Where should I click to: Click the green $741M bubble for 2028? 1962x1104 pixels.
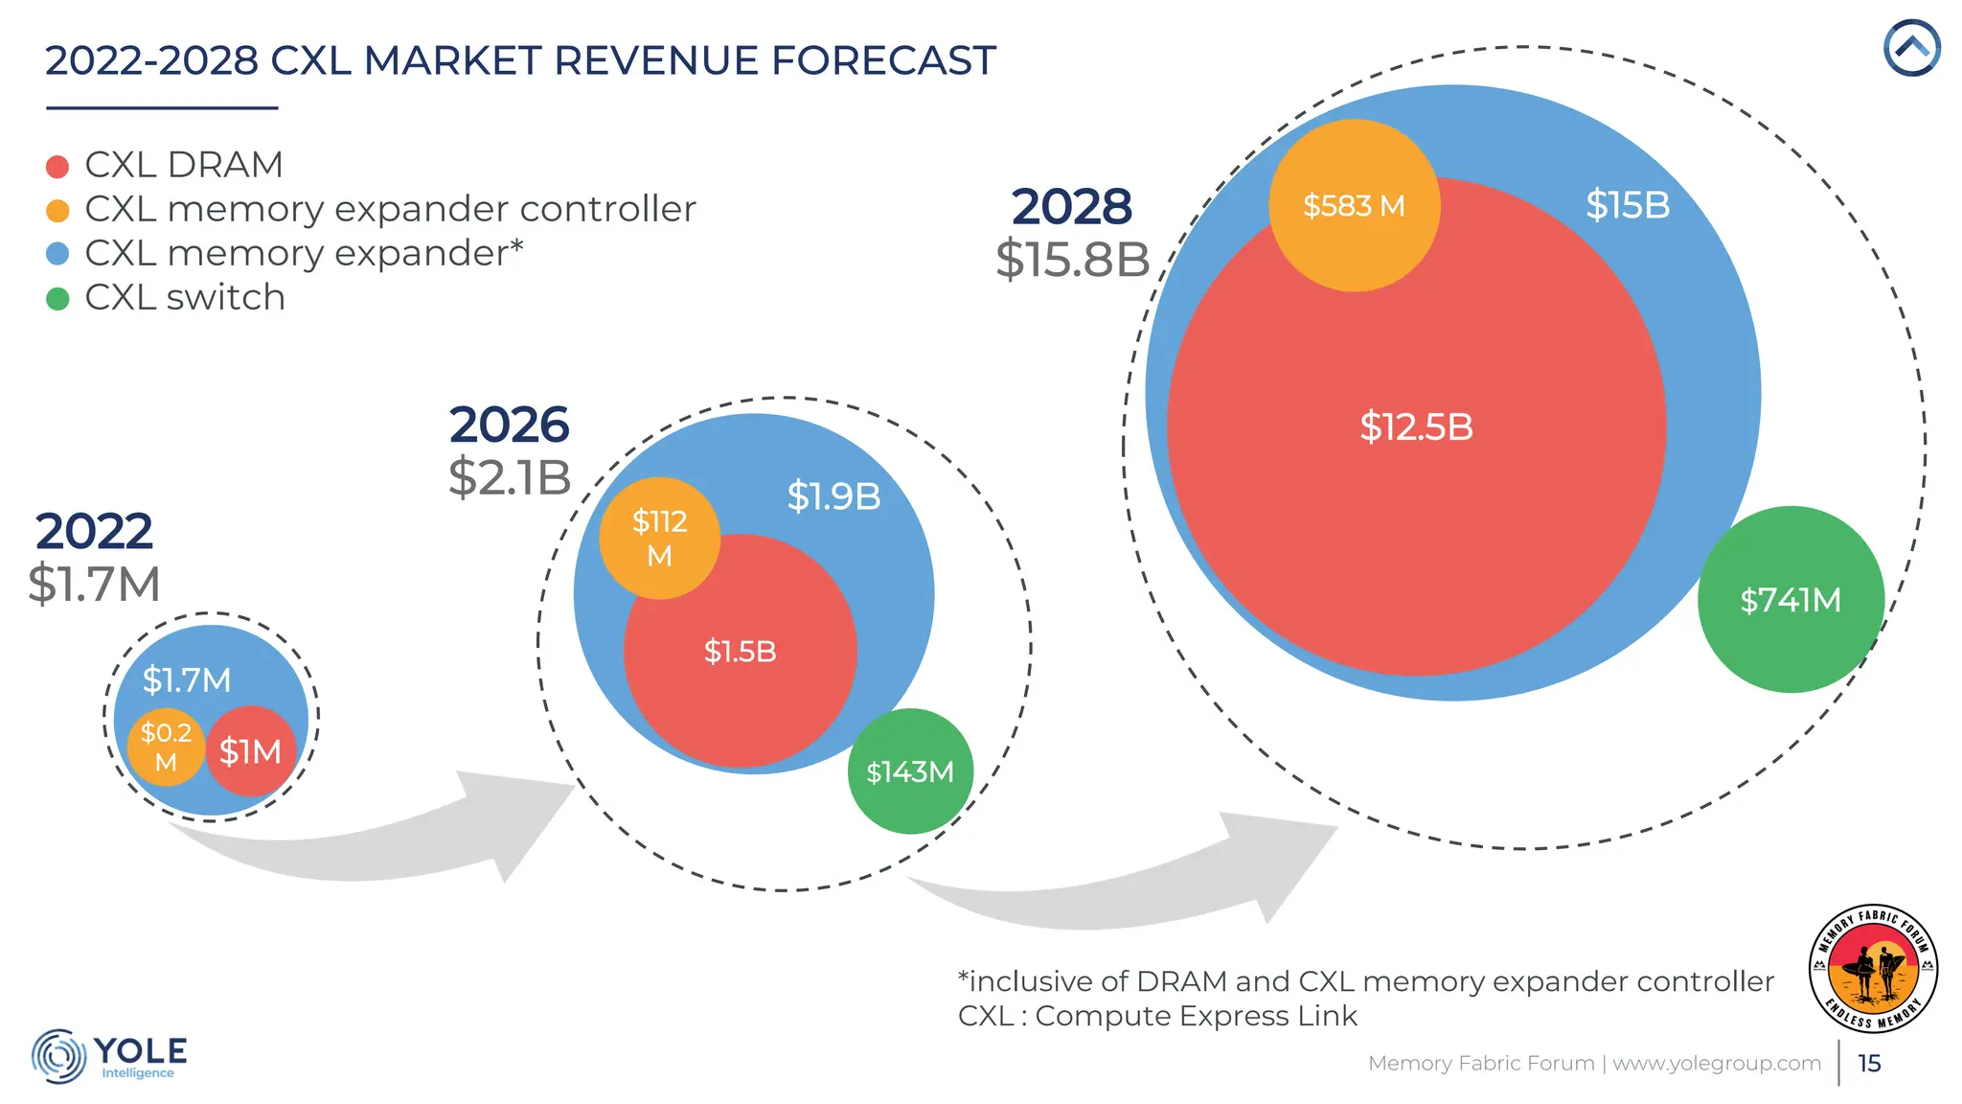coord(1790,600)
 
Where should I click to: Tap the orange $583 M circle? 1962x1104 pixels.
coord(1354,206)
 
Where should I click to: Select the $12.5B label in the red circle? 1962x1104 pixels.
coord(1416,427)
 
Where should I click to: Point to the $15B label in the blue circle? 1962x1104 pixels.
coord(1628,205)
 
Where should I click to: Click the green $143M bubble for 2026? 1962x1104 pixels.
coord(910,771)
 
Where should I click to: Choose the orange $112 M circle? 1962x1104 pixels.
coord(659,539)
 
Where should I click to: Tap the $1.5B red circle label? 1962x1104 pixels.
coord(740,652)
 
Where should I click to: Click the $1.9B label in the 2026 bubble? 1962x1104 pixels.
coord(833,496)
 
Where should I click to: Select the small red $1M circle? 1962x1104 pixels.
coord(251,751)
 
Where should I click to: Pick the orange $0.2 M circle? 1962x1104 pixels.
coord(166,747)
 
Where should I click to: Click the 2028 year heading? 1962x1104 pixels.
coord(1071,207)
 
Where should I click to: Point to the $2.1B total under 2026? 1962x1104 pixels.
coord(510,477)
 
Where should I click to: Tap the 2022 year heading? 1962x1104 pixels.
coord(94,531)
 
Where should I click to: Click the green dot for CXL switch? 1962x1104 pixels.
coord(57,299)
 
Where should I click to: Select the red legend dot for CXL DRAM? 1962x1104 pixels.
coord(57,167)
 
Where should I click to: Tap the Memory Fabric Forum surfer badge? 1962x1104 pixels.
coord(1873,968)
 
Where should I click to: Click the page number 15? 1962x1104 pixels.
coord(1869,1064)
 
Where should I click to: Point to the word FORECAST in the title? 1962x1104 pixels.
coord(883,60)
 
